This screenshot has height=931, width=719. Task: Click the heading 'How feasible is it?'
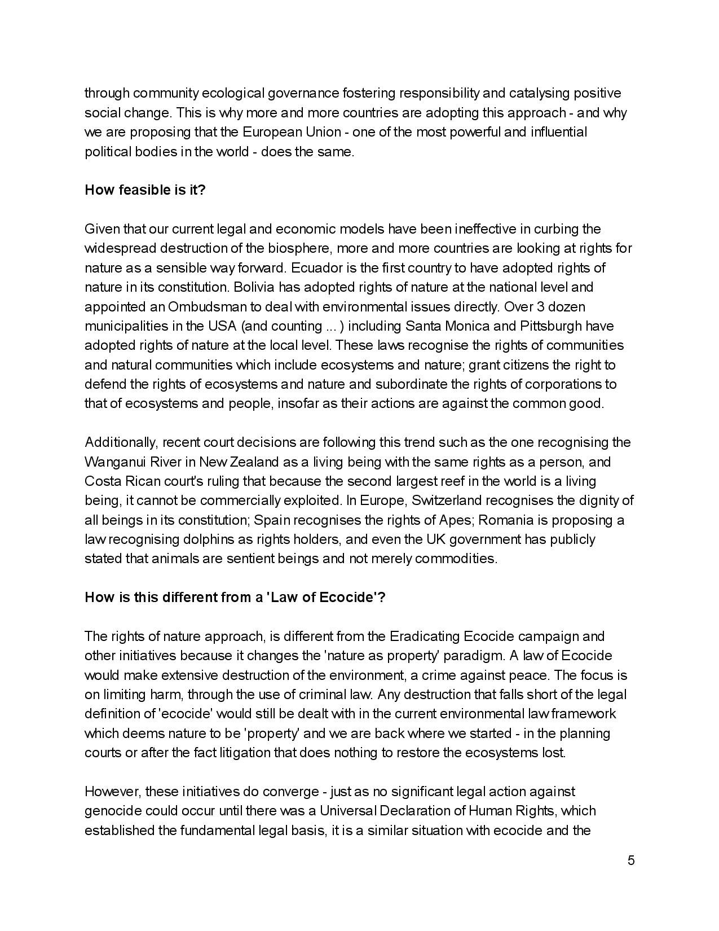(145, 190)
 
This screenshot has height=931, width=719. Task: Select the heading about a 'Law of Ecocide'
(235, 598)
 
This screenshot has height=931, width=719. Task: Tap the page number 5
(631, 860)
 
